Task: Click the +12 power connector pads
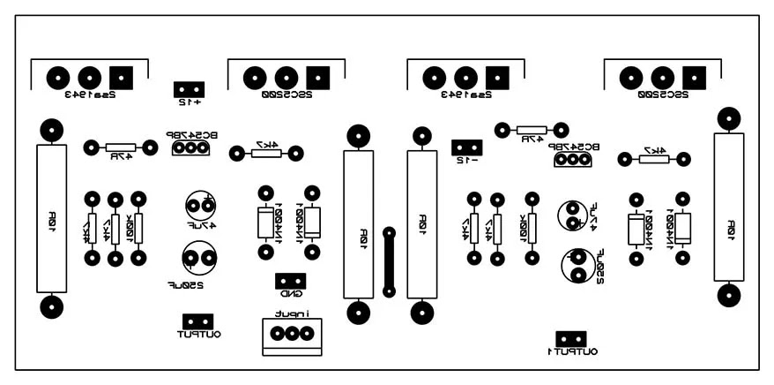tap(190, 88)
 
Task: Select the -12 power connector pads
tap(466, 147)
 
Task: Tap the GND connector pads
tap(290, 281)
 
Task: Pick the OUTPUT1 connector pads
tap(570, 337)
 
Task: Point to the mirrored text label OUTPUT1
tap(572, 351)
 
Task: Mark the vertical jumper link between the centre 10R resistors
tap(389, 261)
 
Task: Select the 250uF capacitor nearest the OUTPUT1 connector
tap(577, 264)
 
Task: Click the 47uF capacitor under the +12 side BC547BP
tap(201, 207)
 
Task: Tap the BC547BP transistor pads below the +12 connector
tap(190, 148)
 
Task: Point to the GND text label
tap(291, 294)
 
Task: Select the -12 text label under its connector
tap(466, 161)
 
